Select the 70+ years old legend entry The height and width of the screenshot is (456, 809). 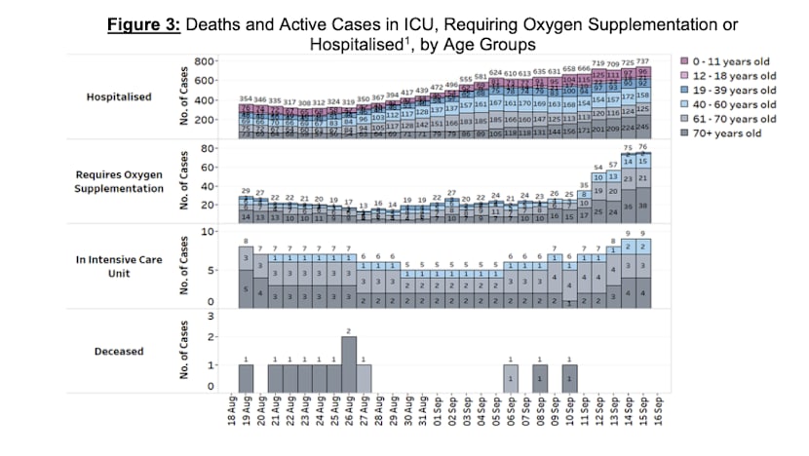[x=733, y=133]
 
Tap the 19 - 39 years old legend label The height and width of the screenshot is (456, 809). [x=736, y=91]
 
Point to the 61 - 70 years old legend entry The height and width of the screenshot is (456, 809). [x=736, y=119]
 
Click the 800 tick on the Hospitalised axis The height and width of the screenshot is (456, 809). [x=204, y=61]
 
